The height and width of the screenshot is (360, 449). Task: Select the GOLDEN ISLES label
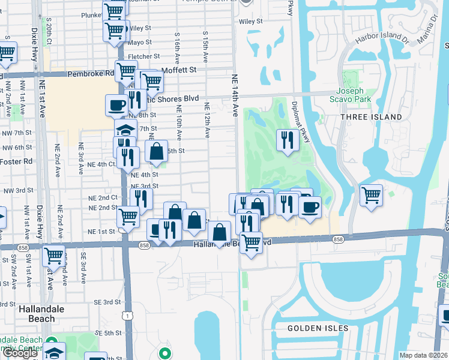pos(318,328)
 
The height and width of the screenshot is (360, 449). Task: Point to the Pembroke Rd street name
pos(91,73)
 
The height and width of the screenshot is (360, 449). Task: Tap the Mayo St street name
pos(139,43)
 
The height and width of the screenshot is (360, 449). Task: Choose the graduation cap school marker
pos(125,128)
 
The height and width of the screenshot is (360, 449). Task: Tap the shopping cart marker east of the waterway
pos(371,194)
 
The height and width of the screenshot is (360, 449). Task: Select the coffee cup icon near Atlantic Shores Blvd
pos(116,105)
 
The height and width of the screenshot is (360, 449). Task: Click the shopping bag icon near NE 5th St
pos(156,151)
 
